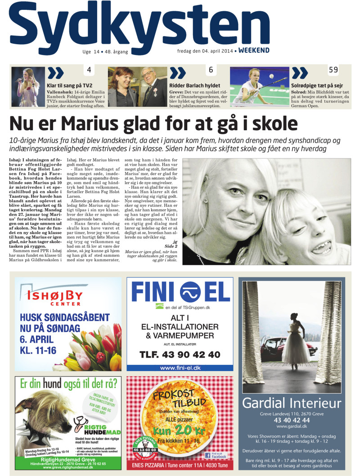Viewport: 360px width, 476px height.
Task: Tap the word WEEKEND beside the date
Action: tap(254, 50)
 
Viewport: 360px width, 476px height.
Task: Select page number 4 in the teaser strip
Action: tap(89, 70)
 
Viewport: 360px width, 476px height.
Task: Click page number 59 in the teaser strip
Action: tap(333, 70)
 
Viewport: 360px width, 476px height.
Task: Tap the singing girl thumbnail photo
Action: tap(28, 86)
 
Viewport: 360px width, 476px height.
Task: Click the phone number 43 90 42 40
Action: tap(180, 354)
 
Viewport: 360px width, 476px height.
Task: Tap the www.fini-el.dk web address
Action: tap(180, 368)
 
